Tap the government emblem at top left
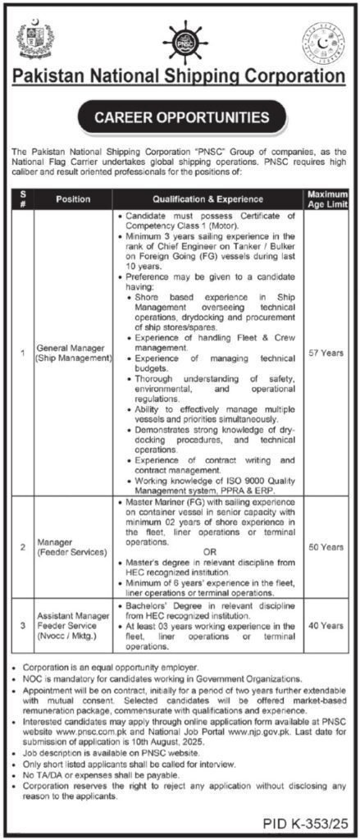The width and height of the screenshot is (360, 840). (x=37, y=37)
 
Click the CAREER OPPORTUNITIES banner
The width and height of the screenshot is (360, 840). (x=180, y=117)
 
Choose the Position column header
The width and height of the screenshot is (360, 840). (x=73, y=199)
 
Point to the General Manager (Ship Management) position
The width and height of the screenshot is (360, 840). (x=73, y=353)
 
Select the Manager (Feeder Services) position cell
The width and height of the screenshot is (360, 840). (x=73, y=547)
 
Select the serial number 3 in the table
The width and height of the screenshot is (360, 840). (x=23, y=625)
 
